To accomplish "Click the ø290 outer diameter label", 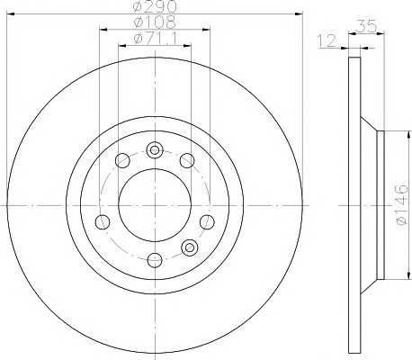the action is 155,6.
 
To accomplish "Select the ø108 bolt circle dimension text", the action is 154,22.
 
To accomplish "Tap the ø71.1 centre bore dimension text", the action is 156,39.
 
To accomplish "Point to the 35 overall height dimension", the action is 367,26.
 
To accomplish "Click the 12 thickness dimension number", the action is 327,40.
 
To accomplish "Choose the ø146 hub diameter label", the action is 402,204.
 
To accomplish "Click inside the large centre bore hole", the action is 155,205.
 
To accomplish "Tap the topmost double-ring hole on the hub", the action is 155,149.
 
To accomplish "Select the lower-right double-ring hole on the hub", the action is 190,247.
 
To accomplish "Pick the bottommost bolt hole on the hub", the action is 155,260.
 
